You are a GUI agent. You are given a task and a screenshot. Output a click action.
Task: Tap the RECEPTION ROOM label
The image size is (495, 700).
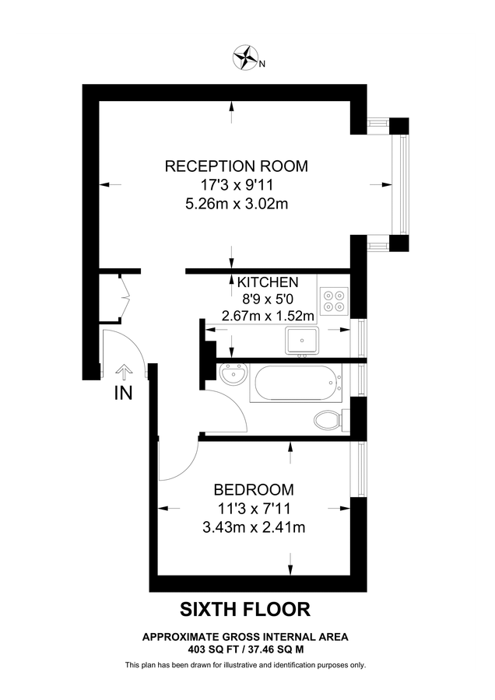pyautogui.click(x=236, y=166)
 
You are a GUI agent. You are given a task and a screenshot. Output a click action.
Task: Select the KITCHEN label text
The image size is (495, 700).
pyautogui.click(x=267, y=282)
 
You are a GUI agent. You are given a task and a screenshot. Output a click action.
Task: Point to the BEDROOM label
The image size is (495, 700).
pyautogui.click(x=254, y=490)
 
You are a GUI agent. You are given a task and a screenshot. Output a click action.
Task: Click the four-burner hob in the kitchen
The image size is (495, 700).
pyautogui.click(x=334, y=300)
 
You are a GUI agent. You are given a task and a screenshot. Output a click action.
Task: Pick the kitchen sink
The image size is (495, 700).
pyautogui.click(x=303, y=340)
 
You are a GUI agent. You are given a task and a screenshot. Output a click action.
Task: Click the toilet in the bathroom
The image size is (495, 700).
pyautogui.click(x=330, y=421)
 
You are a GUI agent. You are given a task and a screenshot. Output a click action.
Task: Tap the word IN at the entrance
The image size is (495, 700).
pyautogui.click(x=123, y=394)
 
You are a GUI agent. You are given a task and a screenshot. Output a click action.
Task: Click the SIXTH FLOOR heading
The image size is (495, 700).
pyautogui.click(x=247, y=609)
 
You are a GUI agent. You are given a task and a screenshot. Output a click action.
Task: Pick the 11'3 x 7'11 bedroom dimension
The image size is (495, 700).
pyautogui.click(x=254, y=509)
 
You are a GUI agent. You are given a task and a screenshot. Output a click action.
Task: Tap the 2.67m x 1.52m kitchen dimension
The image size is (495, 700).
pyautogui.click(x=267, y=316)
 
